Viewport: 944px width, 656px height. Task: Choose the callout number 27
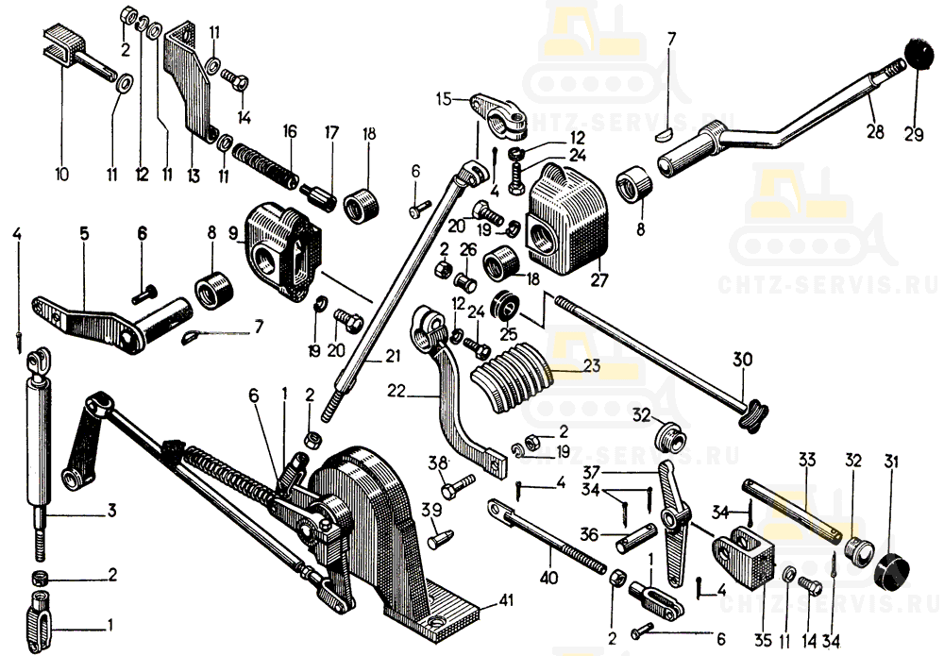(x=599, y=280)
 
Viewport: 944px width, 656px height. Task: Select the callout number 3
(x=110, y=513)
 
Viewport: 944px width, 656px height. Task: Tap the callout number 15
(x=443, y=97)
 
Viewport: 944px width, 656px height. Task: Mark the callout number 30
(x=743, y=361)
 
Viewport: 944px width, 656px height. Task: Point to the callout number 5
(x=84, y=233)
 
